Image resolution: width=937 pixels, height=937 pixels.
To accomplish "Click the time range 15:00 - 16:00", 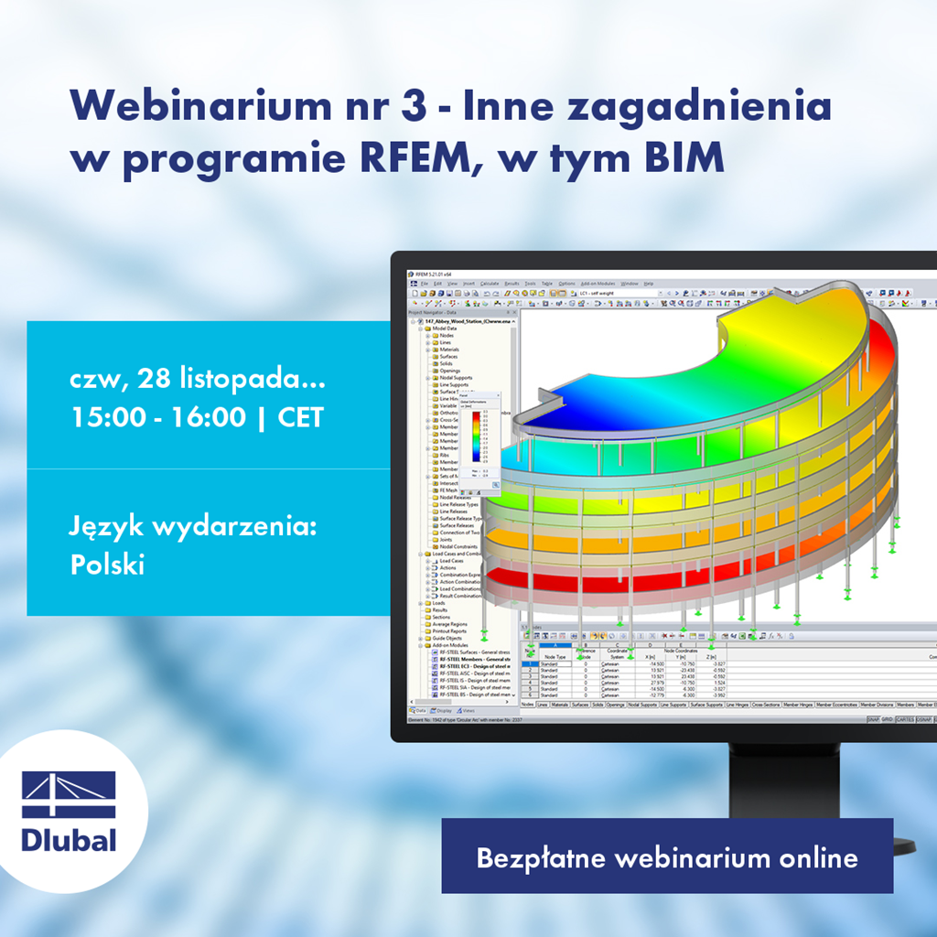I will [157, 417].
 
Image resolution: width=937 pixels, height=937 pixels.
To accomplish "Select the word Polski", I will [107, 565].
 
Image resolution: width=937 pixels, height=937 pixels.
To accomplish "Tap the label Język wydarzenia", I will [192, 527].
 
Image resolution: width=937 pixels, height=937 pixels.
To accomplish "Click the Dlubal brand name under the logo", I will [69, 839].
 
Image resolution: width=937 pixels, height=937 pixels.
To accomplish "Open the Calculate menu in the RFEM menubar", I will [490, 284].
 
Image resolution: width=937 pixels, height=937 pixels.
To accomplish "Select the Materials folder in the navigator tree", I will [449, 350].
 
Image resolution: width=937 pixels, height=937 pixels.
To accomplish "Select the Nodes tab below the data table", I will [527, 705].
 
